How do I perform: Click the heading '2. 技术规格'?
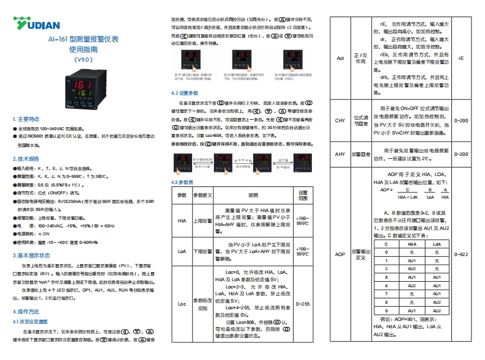tap(26, 158)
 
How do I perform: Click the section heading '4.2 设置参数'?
tap(184, 93)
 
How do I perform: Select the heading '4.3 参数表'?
tap(182, 182)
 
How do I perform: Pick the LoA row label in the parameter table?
tap(182, 251)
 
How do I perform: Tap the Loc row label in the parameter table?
tap(182, 303)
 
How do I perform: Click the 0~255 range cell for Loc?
tap(303, 303)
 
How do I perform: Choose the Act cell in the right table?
tap(341, 59)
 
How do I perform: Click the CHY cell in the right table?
tap(341, 120)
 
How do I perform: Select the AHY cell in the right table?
tap(341, 154)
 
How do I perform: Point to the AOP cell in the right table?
tap(341, 254)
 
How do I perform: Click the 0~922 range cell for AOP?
tap(463, 254)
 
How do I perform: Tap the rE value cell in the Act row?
tap(462, 59)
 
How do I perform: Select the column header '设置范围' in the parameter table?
tap(303, 195)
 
